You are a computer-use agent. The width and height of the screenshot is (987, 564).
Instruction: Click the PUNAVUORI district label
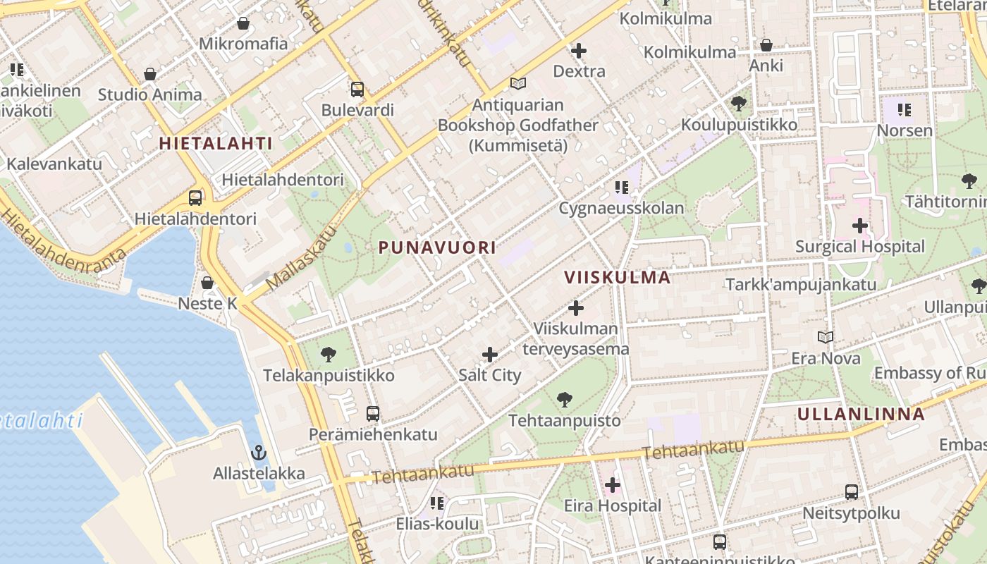[x=437, y=247]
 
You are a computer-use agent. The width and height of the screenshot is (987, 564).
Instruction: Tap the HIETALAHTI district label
[x=216, y=143]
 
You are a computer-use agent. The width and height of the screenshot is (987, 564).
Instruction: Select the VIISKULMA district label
[x=618, y=277]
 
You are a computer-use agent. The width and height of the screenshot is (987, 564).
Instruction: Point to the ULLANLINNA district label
[x=861, y=414]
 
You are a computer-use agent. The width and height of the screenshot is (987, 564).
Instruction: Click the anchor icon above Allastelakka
[x=259, y=453]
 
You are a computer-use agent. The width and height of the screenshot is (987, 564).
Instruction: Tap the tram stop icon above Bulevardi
[x=357, y=90]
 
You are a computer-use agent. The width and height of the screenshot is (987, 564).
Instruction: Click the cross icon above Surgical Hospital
[x=859, y=226]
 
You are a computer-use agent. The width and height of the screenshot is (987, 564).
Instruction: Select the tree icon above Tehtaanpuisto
[x=564, y=400]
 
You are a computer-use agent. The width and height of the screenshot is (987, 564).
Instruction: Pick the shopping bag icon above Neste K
[x=207, y=283]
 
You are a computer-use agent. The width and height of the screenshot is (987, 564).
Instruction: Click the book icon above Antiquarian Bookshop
[x=518, y=84]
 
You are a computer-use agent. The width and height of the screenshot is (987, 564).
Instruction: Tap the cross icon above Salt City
[x=490, y=355]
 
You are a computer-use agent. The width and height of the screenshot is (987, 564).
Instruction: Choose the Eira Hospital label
[x=613, y=505]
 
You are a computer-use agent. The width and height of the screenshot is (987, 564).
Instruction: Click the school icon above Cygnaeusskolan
[x=621, y=188]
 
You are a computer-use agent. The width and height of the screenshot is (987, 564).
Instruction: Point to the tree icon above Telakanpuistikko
[x=329, y=355]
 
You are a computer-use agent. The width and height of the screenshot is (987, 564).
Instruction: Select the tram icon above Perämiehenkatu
[x=373, y=414]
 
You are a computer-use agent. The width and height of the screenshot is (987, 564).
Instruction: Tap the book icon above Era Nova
[x=826, y=338]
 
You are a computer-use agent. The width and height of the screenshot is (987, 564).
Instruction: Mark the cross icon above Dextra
[x=579, y=51]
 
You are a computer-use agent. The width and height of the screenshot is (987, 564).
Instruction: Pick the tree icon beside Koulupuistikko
[x=739, y=104]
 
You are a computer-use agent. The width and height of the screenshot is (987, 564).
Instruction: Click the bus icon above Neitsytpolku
[x=852, y=492]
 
